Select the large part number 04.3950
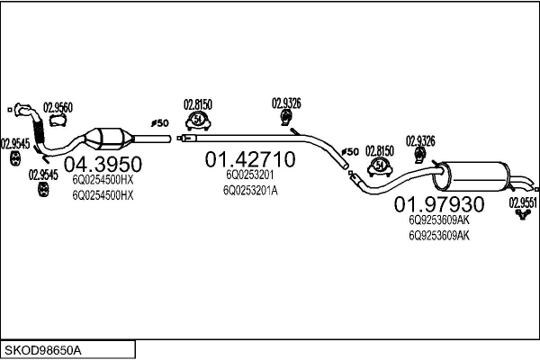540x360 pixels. [x=104, y=164]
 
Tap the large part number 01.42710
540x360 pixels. [x=249, y=160]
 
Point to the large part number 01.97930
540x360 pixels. [x=439, y=204]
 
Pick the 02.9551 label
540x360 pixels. [x=523, y=202]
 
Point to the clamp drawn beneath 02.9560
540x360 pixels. [x=59, y=122]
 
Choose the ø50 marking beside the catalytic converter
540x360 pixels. [x=159, y=122]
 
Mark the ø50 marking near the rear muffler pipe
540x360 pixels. [x=350, y=150]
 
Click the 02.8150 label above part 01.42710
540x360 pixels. [x=197, y=103]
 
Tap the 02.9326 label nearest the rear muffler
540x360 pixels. [x=420, y=140]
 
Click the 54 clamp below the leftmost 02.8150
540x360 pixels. [x=197, y=120]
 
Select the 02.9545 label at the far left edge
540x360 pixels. [x=15, y=142]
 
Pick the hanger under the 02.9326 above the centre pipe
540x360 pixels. [x=286, y=121]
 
